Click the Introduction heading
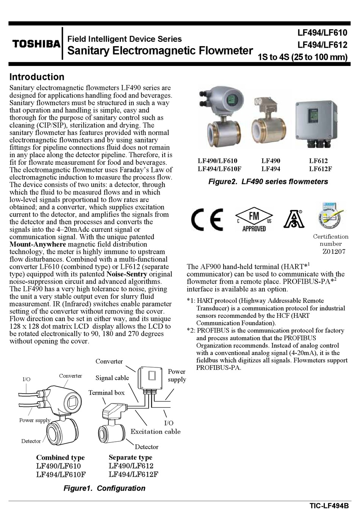point(37,77)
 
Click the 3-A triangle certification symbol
point(294,219)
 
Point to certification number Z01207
point(333,252)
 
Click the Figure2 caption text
point(268,182)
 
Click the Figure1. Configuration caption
point(104,488)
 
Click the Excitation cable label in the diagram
point(155,432)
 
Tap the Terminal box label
point(106,393)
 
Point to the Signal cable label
point(112,378)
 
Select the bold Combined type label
point(60,458)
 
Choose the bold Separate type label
point(130,457)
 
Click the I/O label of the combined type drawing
point(27,379)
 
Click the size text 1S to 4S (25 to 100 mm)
point(302,57)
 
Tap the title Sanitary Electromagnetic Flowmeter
point(160,51)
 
